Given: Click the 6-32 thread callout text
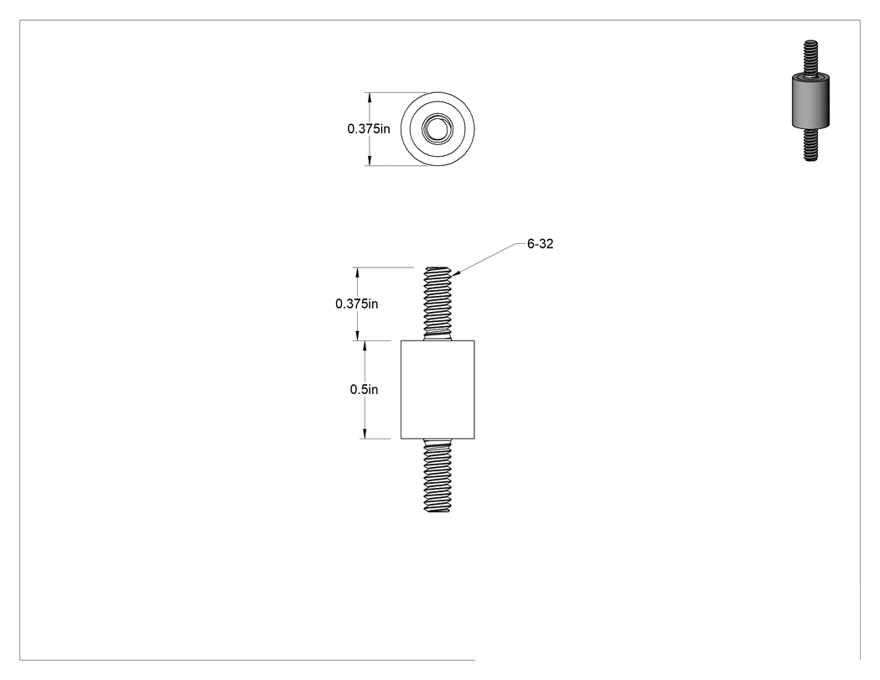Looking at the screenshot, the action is (x=540, y=244).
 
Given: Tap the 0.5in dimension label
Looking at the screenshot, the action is (x=364, y=389).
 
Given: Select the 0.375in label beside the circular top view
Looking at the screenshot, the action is (x=368, y=128).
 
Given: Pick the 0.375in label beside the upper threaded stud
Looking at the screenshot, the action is (x=356, y=304).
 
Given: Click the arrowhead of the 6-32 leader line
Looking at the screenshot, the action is (x=454, y=273).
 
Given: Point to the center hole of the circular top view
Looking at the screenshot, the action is (x=437, y=129).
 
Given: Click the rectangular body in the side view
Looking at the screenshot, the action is (x=437, y=390).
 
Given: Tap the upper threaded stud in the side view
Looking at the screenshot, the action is (x=437, y=304).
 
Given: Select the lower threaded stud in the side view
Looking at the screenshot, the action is (x=437, y=475).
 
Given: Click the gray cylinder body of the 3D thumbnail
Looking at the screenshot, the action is (x=810, y=101).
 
